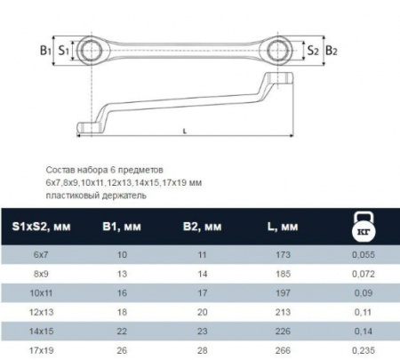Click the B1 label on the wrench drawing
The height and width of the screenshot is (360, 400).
[x=45, y=51]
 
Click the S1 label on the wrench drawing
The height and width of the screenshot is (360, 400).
[x=64, y=51]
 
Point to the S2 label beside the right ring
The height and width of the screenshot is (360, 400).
[x=313, y=51]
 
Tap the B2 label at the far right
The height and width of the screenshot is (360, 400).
[x=332, y=51]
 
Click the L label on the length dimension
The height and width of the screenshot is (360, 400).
[x=185, y=131]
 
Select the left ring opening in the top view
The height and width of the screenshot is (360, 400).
[x=91, y=51]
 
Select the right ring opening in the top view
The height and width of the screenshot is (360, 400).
[x=278, y=51]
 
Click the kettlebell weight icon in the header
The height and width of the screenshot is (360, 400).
[x=364, y=226]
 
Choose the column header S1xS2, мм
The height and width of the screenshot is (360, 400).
[x=41, y=227]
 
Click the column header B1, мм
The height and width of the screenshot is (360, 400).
[x=122, y=227]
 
